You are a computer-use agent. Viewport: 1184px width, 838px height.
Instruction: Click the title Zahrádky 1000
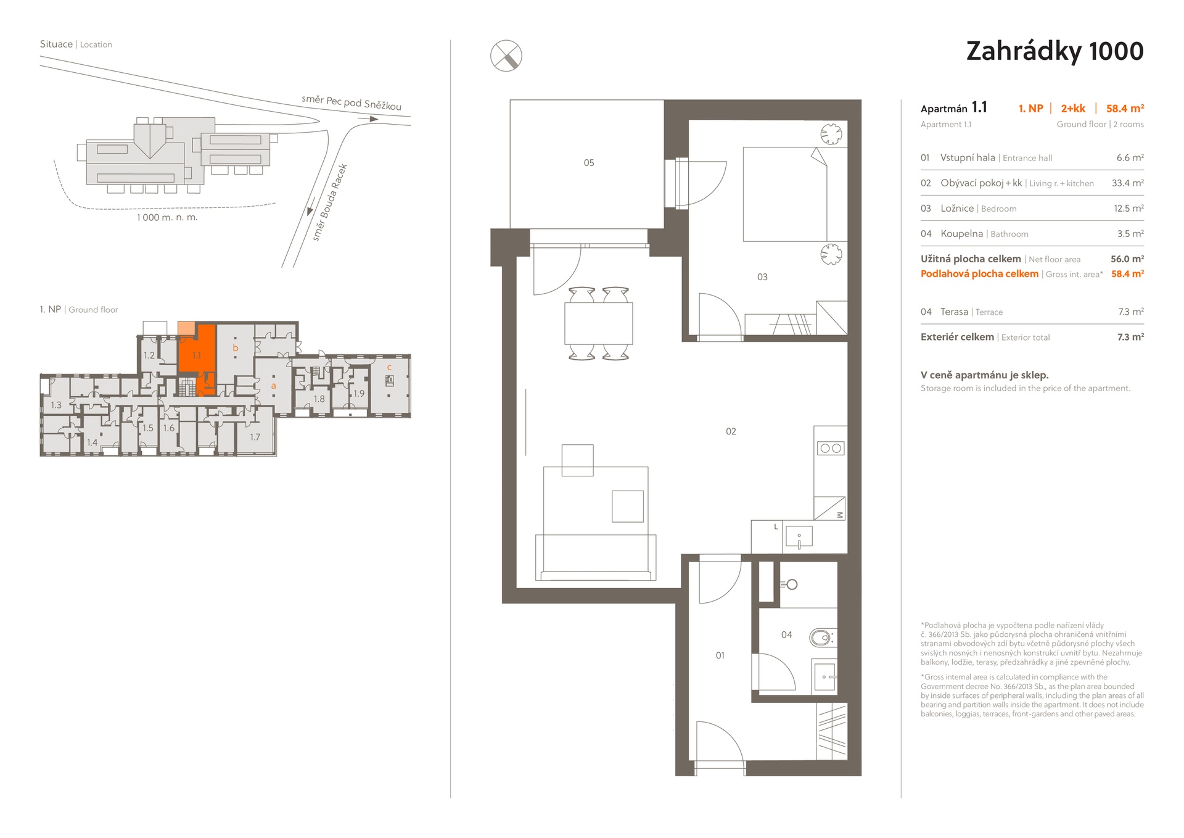1054,51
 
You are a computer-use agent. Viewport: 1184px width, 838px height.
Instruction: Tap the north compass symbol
506,56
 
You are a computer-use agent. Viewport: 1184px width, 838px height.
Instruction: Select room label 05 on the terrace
589,163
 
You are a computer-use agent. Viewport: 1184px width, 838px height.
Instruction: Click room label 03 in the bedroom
762,277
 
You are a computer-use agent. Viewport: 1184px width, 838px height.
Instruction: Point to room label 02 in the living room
731,431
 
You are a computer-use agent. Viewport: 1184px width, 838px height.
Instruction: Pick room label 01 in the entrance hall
720,655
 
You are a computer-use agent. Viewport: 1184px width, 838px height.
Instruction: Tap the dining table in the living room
598,323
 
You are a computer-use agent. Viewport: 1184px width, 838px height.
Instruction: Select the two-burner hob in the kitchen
830,449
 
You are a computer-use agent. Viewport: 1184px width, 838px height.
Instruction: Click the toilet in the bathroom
822,637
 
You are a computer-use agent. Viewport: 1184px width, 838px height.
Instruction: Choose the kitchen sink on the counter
799,537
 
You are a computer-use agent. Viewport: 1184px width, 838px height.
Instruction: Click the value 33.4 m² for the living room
1128,183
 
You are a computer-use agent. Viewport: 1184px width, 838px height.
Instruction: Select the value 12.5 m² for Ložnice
1128,209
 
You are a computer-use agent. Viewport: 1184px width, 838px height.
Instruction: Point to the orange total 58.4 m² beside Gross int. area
1127,274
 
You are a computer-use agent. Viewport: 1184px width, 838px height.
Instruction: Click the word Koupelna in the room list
961,234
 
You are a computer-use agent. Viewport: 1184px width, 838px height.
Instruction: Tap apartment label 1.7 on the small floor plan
255,437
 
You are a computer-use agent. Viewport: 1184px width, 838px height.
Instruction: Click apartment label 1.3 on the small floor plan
56,405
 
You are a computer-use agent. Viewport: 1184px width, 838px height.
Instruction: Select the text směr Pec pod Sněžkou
351,102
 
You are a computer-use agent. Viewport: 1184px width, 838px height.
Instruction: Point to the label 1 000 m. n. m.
167,217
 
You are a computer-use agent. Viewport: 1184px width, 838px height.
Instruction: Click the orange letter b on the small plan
235,348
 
